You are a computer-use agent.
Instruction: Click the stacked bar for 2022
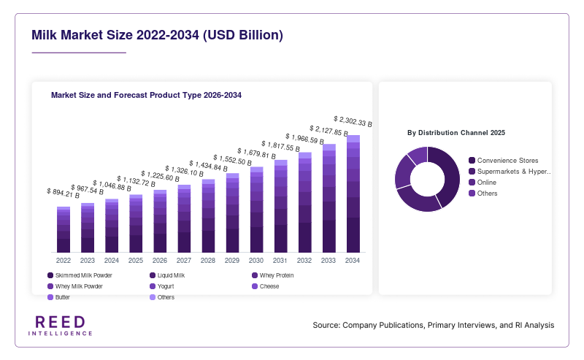(64, 229)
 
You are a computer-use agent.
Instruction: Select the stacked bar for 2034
(353, 194)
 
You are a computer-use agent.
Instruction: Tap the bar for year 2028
(208, 215)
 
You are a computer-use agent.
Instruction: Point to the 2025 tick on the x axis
(136, 261)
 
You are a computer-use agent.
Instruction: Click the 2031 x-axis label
(280, 261)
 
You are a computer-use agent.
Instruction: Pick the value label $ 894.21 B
(63, 193)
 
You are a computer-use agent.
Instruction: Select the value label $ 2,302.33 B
(353, 121)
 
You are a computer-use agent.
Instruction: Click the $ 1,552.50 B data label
(232, 160)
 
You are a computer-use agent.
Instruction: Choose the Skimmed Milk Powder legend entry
(80, 275)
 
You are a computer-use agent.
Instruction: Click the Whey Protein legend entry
(272, 275)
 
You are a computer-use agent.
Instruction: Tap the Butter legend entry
(58, 297)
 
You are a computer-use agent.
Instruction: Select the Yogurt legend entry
(161, 286)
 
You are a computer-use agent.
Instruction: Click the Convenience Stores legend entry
(503, 161)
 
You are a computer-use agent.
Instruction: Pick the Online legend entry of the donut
(483, 183)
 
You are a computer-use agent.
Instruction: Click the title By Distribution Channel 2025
(456, 133)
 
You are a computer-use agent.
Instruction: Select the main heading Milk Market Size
(157, 35)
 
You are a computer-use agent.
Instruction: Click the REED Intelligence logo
(60, 326)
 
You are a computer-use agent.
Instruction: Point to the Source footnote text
(434, 325)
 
